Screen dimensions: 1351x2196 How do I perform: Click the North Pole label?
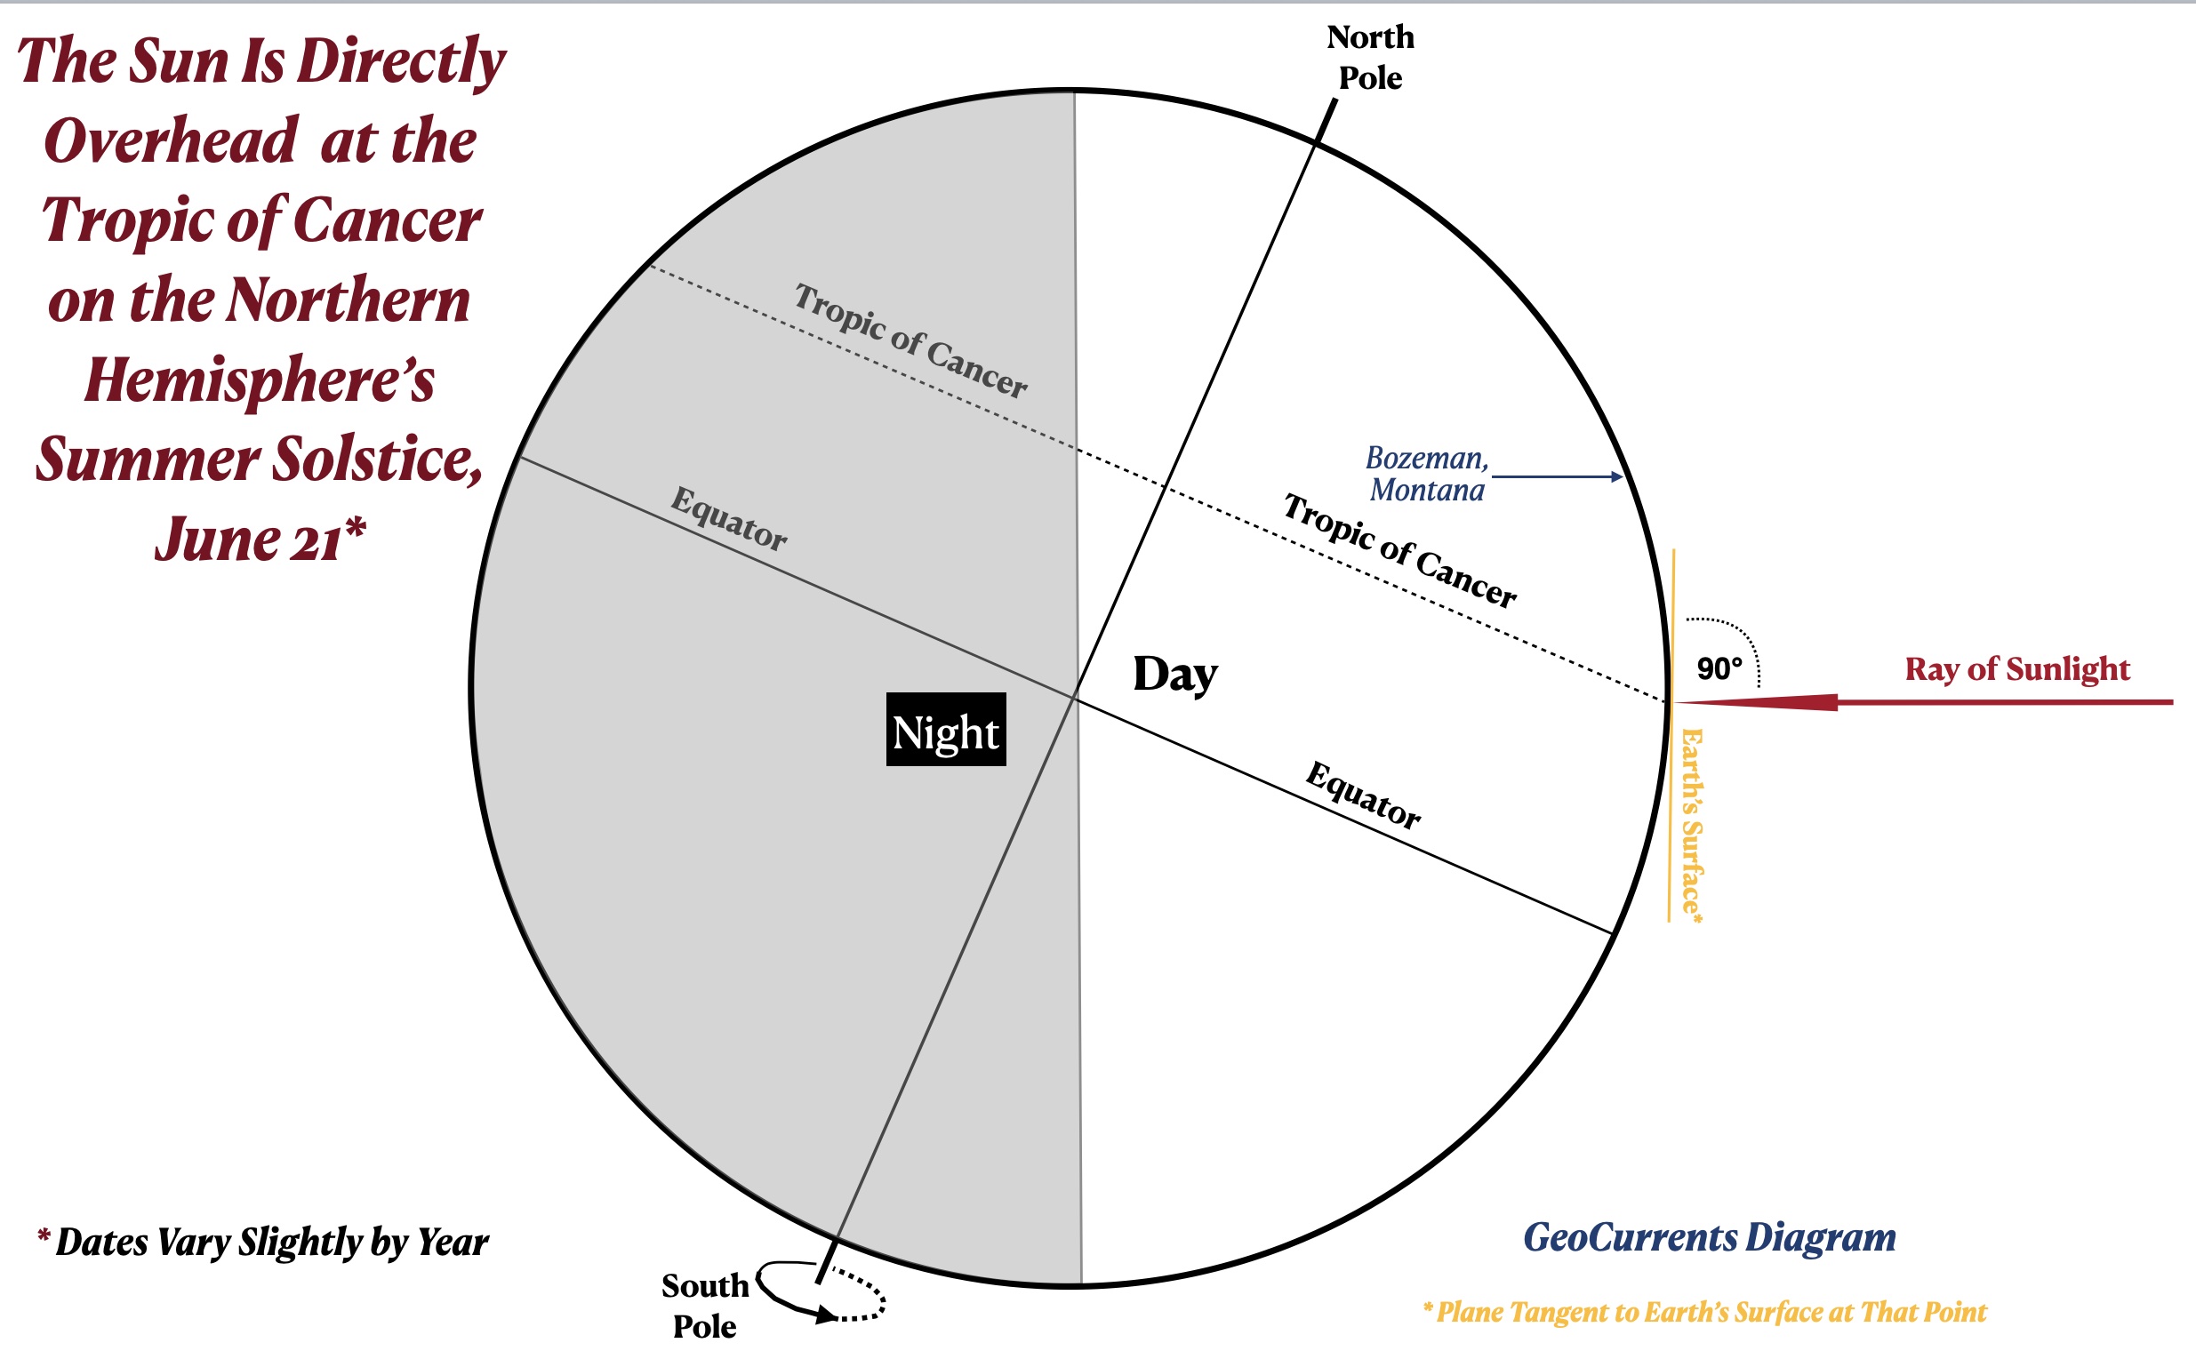click(x=1369, y=57)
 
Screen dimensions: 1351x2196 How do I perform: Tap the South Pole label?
click(x=704, y=1306)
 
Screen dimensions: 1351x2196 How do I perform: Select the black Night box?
click(x=946, y=729)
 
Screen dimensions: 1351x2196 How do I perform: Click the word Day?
click(x=1174, y=675)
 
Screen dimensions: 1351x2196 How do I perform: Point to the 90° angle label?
click(x=1719, y=668)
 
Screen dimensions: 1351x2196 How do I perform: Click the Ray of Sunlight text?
click(x=2016, y=668)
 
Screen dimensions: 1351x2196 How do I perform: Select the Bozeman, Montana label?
click(x=1426, y=474)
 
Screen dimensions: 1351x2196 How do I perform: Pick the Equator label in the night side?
click(x=729, y=518)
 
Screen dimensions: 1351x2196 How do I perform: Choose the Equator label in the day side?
click(x=1363, y=795)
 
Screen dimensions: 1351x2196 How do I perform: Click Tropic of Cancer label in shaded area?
click(x=910, y=340)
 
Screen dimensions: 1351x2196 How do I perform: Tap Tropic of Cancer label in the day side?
click(x=1399, y=550)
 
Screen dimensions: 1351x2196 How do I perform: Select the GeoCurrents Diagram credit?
click(x=1709, y=1237)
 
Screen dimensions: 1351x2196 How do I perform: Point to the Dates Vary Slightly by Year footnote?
click(x=264, y=1242)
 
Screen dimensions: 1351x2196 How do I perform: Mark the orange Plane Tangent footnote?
click(x=1704, y=1312)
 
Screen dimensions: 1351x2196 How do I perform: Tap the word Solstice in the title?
click(x=375, y=460)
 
